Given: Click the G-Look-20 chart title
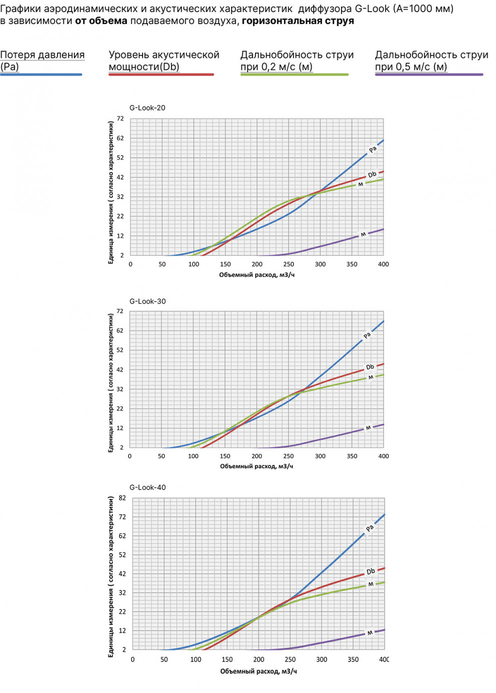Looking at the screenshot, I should click(147, 108).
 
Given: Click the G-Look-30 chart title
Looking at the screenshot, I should click(147, 301).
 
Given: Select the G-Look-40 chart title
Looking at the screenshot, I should click(147, 487).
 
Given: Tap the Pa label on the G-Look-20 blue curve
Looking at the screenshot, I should click(372, 149).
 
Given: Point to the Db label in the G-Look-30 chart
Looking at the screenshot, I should click(370, 367).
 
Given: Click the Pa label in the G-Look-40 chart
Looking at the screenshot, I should click(369, 528).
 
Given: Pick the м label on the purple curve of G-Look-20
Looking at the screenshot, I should click(363, 234).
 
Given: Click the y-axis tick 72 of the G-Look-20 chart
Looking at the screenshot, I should click(120, 119).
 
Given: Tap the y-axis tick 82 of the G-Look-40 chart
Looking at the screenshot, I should click(122, 498).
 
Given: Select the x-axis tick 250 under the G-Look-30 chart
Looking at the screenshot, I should click(288, 456).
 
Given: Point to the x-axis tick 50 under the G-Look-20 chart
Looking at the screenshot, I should click(162, 264).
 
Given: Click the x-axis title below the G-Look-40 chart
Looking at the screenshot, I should click(258, 671).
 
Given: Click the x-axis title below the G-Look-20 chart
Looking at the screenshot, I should click(256, 275).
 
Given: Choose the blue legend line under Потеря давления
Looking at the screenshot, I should click(41, 75).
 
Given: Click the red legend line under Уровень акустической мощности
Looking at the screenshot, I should click(161, 75).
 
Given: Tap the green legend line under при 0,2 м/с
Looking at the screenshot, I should click(294, 75).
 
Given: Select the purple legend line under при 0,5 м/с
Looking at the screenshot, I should click(429, 75).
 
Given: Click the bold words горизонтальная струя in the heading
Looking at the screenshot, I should click(298, 21).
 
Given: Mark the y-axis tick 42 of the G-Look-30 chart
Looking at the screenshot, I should click(119, 370).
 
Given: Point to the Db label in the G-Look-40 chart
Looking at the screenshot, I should click(370, 571).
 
